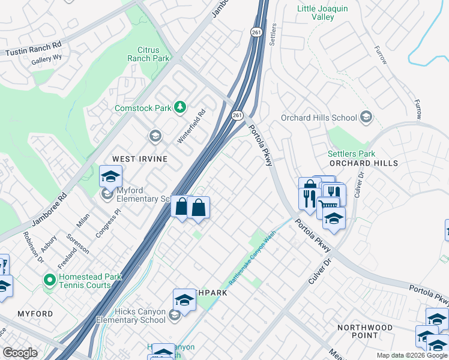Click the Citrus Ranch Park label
click(x=147, y=53)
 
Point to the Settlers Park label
click(x=351, y=154)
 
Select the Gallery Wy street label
click(x=47, y=61)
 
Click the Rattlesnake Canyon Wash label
click(x=252, y=259)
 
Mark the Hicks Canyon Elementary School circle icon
click(x=174, y=316)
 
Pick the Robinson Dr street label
click(x=33, y=247)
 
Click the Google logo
click(x=20, y=353)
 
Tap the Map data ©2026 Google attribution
click(x=411, y=355)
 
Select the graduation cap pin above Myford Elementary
click(x=110, y=177)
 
